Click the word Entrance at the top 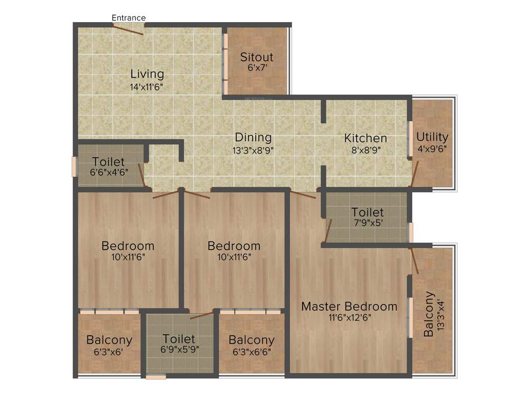[129, 18]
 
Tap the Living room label [147, 74]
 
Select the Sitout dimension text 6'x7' [256, 67]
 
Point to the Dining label [253, 138]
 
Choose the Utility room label [432, 137]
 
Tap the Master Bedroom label [349, 306]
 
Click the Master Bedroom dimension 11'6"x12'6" [349, 318]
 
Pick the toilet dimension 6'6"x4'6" [109, 172]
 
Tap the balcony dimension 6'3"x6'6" [251, 352]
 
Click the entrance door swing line [129, 29]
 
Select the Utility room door [414, 173]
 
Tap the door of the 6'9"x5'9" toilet [202, 315]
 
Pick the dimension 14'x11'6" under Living [147, 86]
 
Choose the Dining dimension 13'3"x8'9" [253, 150]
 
